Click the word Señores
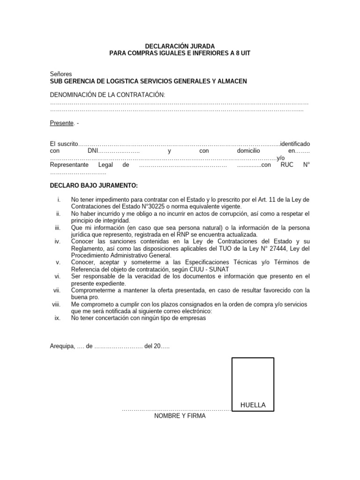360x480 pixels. (x=61, y=74)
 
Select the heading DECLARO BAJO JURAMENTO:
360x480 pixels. (x=94, y=185)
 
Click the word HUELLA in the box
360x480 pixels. (x=253, y=405)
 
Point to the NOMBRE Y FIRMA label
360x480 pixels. (x=180, y=416)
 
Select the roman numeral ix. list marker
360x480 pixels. (x=58, y=318)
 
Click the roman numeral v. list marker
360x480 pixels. (x=58, y=262)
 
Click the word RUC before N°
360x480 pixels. (x=287, y=165)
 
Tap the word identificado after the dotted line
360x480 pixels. (x=294, y=143)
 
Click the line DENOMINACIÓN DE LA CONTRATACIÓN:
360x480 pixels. (x=108, y=95)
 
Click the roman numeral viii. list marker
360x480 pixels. (x=57, y=304)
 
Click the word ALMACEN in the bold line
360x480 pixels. (x=231, y=81)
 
